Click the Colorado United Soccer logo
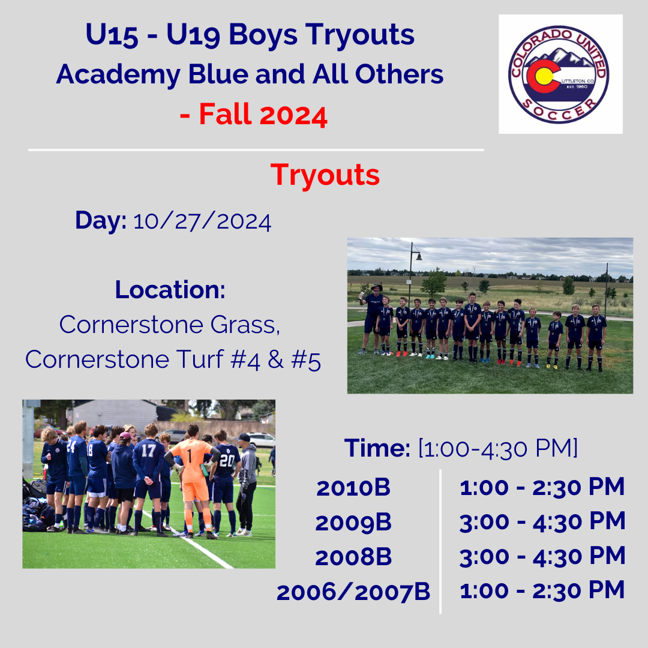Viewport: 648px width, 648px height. point(559,74)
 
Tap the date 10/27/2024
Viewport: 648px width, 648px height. point(202,222)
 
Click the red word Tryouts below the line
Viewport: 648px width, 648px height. point(325,175)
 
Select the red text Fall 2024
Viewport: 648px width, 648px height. point(263,114)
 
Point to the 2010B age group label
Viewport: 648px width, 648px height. point(353,488)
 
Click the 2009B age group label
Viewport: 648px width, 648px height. point(353,523)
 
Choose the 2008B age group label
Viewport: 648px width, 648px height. point(353,557)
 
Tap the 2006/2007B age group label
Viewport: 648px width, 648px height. point(353,592)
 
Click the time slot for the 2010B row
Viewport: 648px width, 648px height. point(542,487)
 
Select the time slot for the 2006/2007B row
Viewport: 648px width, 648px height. point(542,590)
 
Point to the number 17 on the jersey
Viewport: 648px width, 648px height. point(149,451)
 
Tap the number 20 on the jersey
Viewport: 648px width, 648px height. point(227,460)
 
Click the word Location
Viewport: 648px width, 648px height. point(170,290)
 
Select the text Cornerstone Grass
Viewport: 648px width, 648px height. point(169,325)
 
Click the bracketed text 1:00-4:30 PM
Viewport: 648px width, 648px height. point(497,448)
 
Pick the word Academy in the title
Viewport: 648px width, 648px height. point(118,75)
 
